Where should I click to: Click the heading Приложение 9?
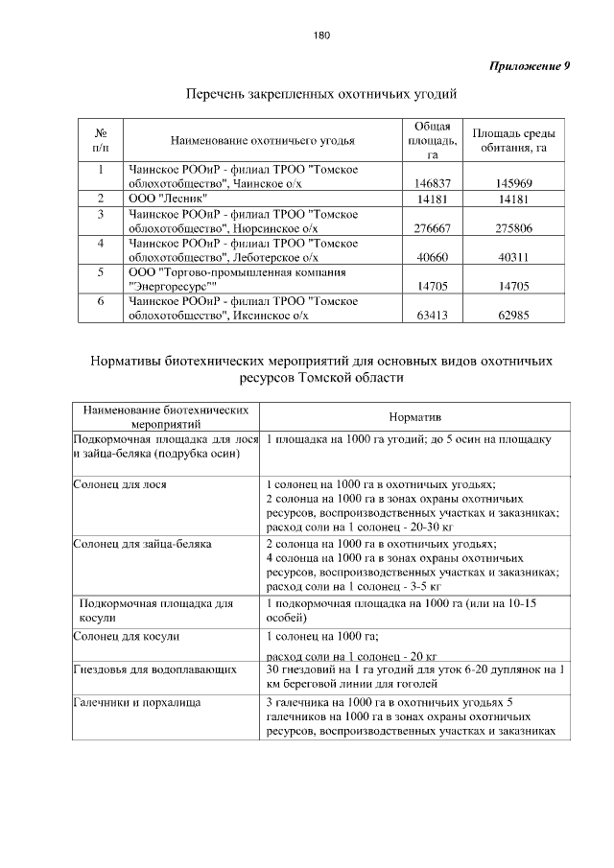tap(531, 66)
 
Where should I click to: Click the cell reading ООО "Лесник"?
tap(160, 198)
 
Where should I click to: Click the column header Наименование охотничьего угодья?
tap(262, 140)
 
